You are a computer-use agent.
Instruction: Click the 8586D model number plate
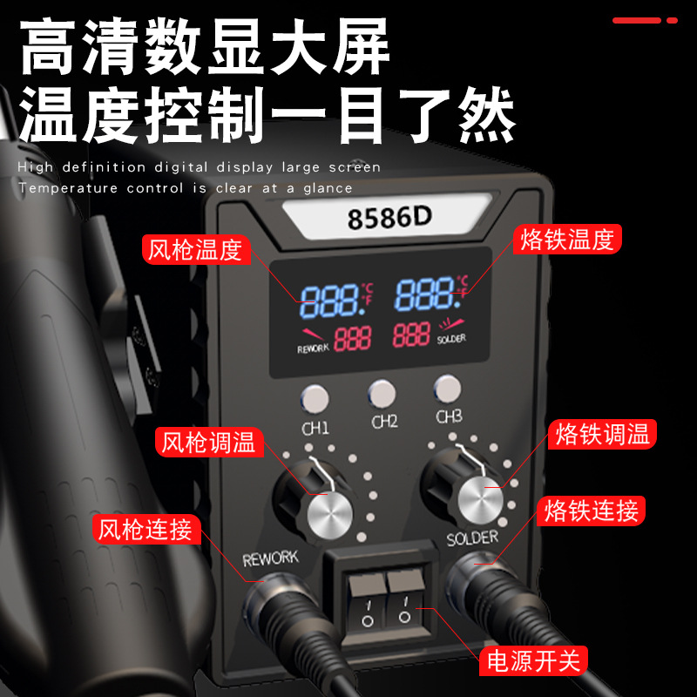[x=388, y=216]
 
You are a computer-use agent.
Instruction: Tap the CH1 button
[x=315, y=399]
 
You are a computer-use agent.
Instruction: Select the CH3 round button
[x=447, y=389]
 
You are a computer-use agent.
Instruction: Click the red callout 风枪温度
[x=196, y=249]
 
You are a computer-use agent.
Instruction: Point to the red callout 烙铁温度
[x=567, y=239]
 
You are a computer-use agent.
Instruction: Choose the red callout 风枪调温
[x=209, y=443]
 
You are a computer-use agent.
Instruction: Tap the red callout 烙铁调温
[x=602, y=434]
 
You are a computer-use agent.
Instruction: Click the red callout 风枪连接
[x=146, y=529]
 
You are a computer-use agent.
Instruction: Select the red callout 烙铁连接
[x=592, y=511]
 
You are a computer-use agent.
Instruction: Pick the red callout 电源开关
[x=533, y=660]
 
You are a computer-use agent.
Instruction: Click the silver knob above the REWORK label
[x=330, y=516]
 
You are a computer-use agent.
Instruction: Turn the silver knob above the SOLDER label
[x=481, y=501]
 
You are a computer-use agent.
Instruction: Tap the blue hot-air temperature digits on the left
[x=332, y=301]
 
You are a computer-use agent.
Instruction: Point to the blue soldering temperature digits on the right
[x=427, y=294]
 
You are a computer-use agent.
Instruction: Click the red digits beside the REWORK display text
[x=353, y=338]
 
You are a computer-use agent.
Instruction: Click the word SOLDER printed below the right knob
[x=472, y=538]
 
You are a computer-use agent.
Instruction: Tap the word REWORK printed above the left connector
[x=270, y=558]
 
